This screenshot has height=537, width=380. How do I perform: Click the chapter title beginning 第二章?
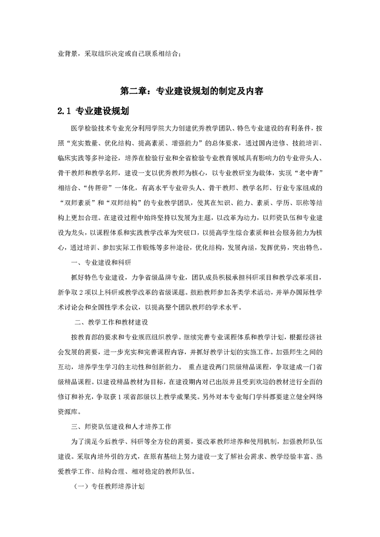190,90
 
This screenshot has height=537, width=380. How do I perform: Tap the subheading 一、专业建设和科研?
104,262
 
